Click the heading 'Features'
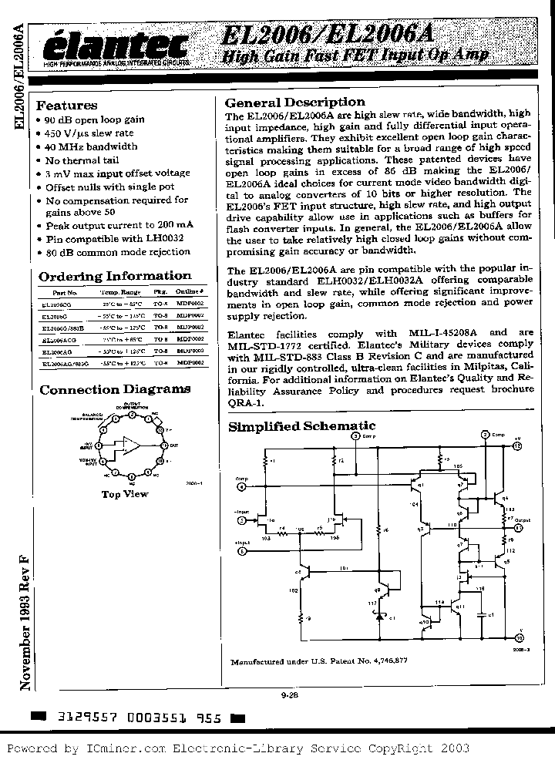[x=67, y=106]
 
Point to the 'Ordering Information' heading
[x=115, y=276]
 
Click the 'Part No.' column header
[x=66, y=294]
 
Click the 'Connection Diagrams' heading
[x=115, y=390]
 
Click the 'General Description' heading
[x=294, y=103]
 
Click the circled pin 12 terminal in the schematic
[x=517, y=445]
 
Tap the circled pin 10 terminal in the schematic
[x=518, y=638]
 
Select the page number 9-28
[x=280, y=694]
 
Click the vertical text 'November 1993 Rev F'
[x=25, y=624]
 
